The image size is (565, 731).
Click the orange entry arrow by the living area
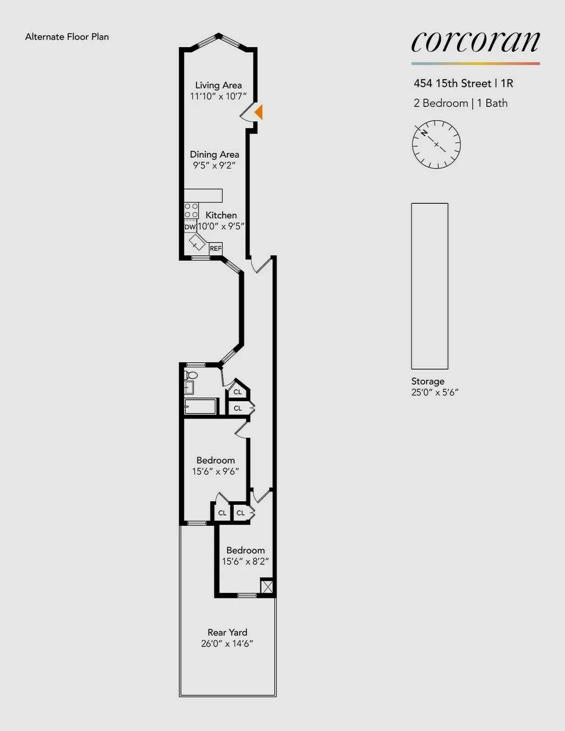258,112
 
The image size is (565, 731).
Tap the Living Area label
218,85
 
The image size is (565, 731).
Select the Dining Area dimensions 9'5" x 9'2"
214,165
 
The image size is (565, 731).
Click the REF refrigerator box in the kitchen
216,249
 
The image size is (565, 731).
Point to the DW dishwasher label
190,227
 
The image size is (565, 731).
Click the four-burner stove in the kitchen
191,210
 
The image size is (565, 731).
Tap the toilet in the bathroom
191,376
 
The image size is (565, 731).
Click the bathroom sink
189,387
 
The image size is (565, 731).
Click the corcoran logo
476,42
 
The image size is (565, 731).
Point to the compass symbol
436,145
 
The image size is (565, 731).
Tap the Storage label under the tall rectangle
428,381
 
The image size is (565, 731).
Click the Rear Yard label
227,632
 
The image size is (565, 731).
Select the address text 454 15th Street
452,83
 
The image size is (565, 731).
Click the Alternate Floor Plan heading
67,37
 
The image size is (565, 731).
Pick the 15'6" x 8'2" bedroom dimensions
245,561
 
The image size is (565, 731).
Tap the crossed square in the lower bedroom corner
267,586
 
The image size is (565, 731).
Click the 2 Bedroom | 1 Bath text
460,103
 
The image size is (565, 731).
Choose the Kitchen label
221,215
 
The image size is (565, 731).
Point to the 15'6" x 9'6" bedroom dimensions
216,471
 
